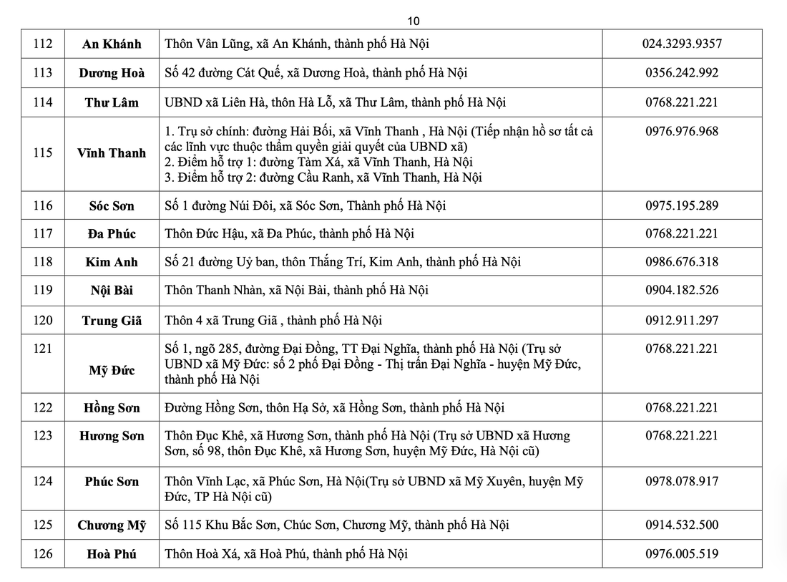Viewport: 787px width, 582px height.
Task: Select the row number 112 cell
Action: [43, 44]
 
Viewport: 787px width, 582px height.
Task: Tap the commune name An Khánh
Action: [112, 44]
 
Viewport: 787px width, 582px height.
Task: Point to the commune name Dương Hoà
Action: [112, 73]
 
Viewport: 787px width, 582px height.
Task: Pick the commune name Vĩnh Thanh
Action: [112, 153]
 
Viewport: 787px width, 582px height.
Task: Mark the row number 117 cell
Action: [43, 234]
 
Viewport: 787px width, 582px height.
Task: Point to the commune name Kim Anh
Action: [112, 262]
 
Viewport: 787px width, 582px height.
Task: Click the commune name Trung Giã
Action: [112, 321]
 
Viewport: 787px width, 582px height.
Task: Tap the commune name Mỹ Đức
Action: [112, 371]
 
